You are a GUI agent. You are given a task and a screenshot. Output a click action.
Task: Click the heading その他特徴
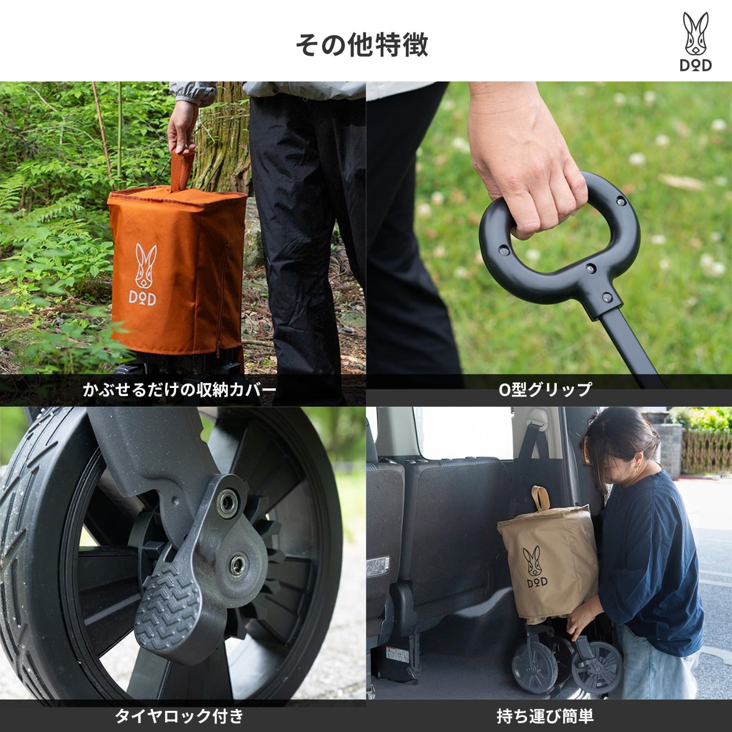(x=361, y=45)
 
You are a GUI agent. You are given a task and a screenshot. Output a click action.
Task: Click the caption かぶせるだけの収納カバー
(x=179, y=390)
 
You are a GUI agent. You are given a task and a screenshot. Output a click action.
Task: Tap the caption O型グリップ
(x=545, y=390)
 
